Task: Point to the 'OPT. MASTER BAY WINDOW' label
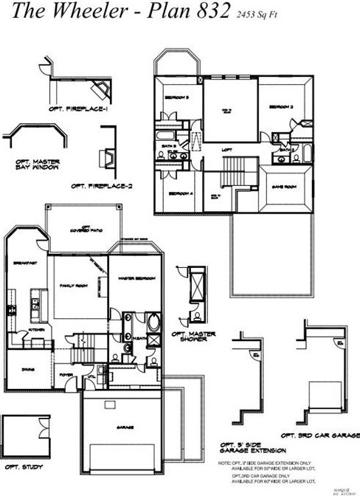coord(38,165)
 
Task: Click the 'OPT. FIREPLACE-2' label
coord(100,186)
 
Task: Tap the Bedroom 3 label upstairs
coord(177,97)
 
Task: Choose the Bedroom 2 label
coord(281,107)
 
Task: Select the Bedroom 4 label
coord(180,193)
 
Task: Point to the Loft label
coord(228,149)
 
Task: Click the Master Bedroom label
coord(135,278)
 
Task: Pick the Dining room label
coord(28,370)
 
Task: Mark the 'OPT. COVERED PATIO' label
coord(86,228)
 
